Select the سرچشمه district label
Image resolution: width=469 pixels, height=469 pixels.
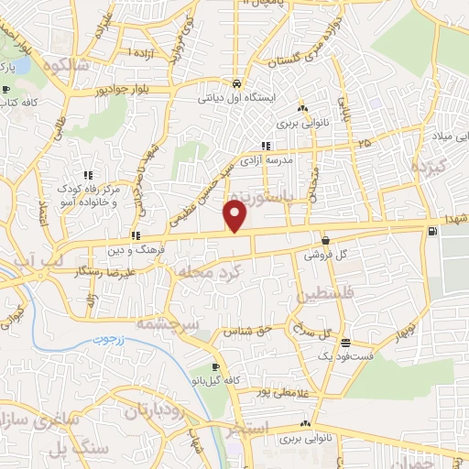coord(162,323)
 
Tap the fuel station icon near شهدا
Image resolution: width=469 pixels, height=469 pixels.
coord(431,231)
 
